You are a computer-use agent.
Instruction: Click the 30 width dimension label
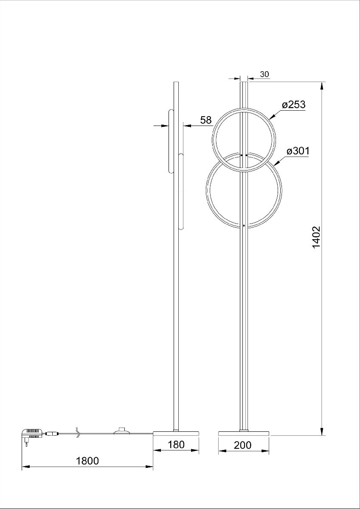coord(264,74)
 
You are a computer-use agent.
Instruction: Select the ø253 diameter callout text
coord(293,105)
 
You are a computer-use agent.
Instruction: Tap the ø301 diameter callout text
coord(298,151)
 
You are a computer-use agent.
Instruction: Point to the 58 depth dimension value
coord(206,120)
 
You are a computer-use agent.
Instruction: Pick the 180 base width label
coord(176,445)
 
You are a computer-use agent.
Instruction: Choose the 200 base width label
coord(242,445)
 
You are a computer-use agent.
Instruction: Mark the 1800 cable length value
coord(87,461)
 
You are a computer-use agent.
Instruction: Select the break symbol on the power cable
coord(77,432)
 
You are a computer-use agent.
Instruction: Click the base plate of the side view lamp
coord(176,433)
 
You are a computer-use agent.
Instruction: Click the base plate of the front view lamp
coord(244,433)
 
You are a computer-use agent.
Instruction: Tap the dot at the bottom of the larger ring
coord(244,226)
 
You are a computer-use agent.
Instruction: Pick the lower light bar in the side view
coord(182,192)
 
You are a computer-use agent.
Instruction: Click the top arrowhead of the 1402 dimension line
coord(323,86)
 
